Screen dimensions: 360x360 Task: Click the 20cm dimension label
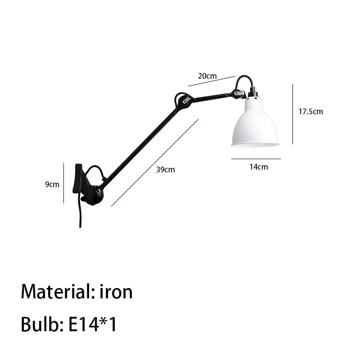[207, 76]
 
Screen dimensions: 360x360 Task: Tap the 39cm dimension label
[166, 170]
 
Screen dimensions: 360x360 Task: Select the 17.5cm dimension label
[310, 112]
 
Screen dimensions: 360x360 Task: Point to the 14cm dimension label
[259, 167]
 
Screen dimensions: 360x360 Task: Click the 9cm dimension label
[52, 184]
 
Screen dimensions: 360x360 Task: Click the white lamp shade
[255, 123]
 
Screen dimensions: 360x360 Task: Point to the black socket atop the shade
[252, 94]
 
